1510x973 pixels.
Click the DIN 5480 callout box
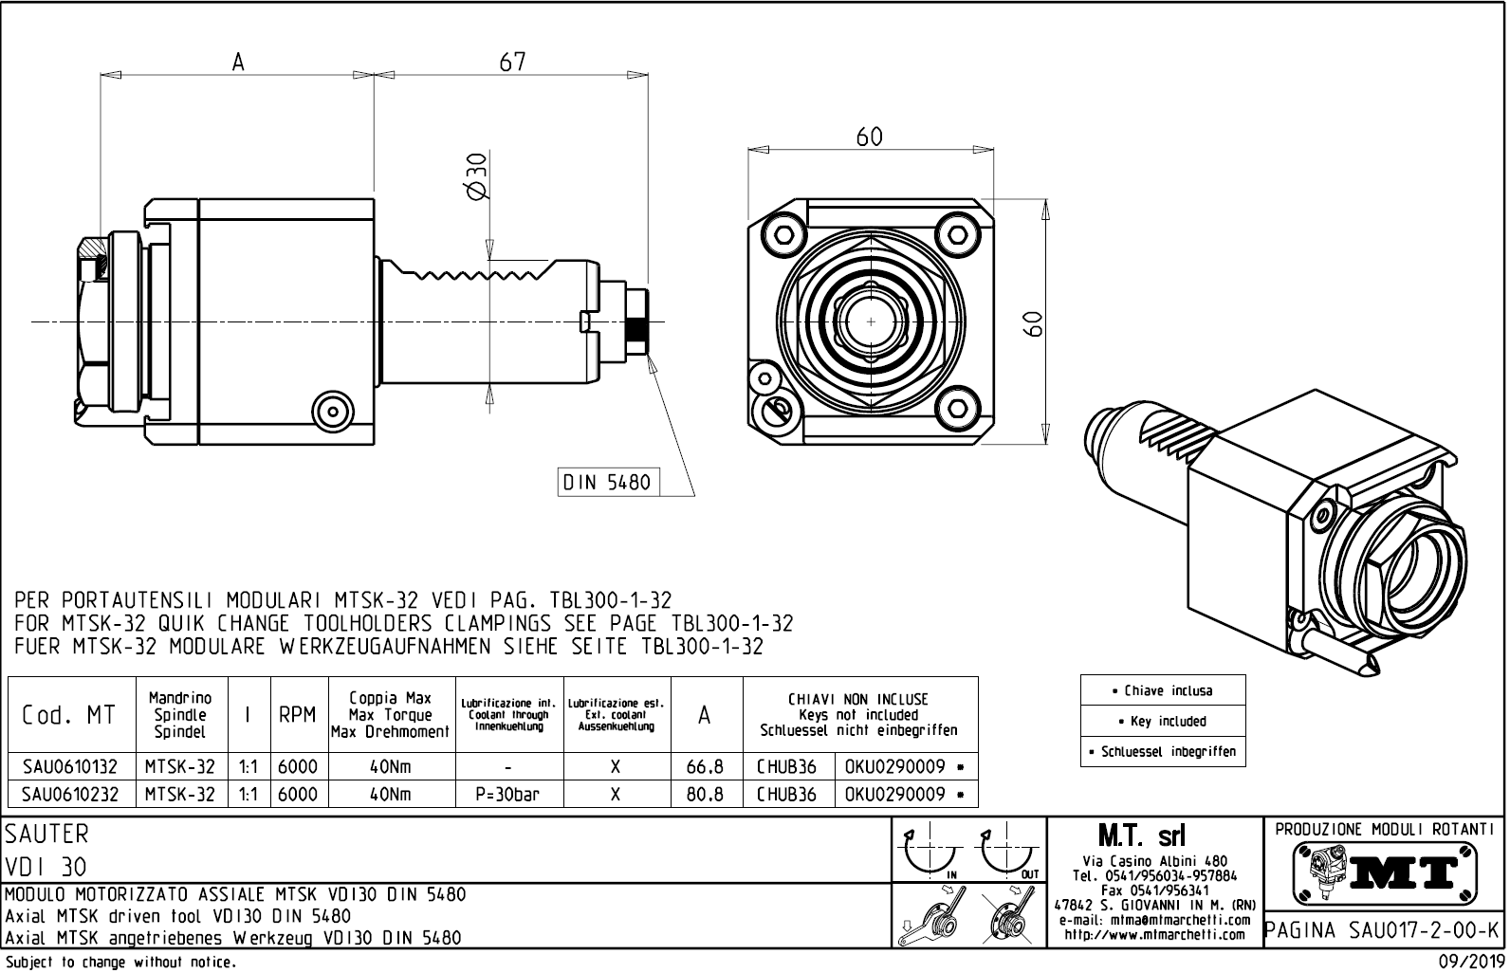tap(607, 483)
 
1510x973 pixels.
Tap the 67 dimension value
tap(512, 62)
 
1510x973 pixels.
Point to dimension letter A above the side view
tap(238, 63)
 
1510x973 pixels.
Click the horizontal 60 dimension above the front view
tap(869, 138)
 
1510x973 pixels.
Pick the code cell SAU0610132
tap(70, 766)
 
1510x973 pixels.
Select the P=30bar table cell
tap(509, 794)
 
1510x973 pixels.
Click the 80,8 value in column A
tap(705, 794)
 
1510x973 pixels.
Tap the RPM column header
tap(297, 715)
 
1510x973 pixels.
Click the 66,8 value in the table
tap(705, 766)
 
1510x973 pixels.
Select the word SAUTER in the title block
tap(47, 835)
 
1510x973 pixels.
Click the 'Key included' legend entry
tap(1162, 721)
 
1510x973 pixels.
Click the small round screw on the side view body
tap(333, 411)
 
